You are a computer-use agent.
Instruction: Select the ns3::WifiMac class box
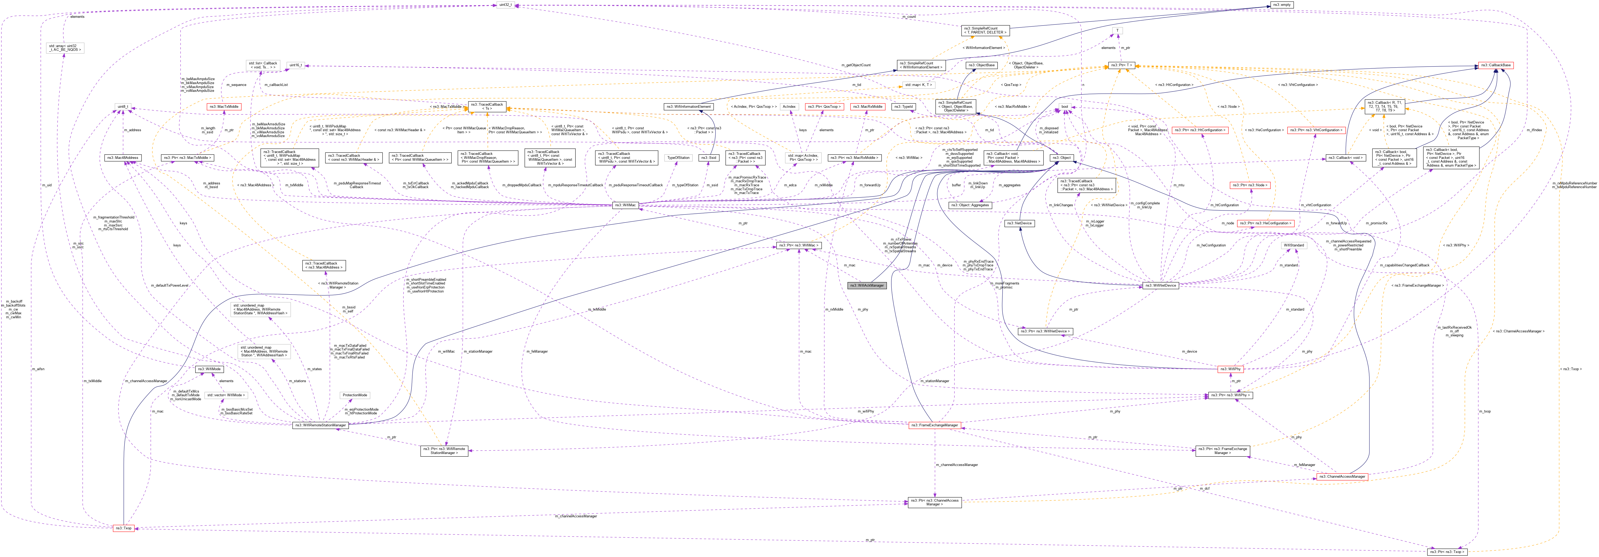coord(625,205)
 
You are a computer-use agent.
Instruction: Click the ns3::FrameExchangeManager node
coord(935,425)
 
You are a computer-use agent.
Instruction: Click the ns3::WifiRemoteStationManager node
coord(320,425)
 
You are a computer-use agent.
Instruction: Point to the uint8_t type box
coord(123,107)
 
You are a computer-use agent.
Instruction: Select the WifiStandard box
coord(1294,245)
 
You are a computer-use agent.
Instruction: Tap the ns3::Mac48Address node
coord(122,158)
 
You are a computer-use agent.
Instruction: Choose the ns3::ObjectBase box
coord(981,65)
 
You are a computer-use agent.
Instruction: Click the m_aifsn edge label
coord(38,369)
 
